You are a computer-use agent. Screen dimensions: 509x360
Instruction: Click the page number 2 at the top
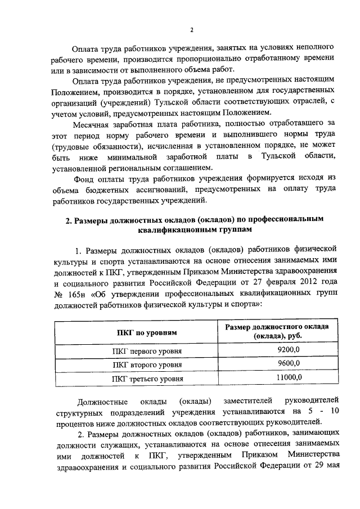pos(192,29)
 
